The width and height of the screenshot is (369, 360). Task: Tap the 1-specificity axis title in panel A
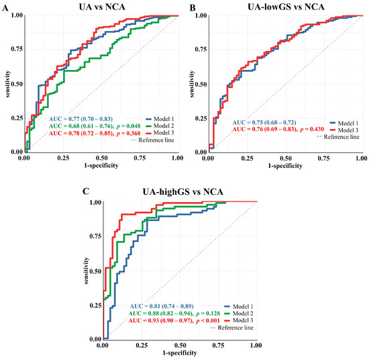point(100,163)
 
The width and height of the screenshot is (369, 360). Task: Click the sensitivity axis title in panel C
point(86,273)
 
